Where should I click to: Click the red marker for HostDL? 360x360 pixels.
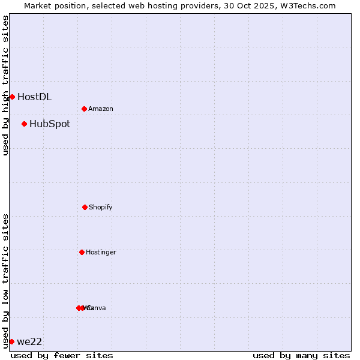point(12,97)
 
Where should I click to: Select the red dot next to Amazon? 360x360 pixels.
point(85,109)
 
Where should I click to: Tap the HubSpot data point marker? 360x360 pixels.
point(24,124)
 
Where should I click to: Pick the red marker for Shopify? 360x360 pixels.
point(85,207)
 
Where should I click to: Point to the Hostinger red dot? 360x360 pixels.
point(82,252)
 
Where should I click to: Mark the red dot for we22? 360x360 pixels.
point(11,341)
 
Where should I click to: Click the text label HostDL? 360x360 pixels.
point(34,97)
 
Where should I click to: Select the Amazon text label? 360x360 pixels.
point(101,109)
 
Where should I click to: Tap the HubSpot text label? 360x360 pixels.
point(50,124)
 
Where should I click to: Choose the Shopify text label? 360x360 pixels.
point(101,207)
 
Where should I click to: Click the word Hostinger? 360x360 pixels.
point(101,252)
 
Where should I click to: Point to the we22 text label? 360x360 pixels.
point(29,341)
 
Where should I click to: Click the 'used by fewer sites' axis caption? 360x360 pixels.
point(62,355)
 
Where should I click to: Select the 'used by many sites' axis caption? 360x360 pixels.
point(301,355)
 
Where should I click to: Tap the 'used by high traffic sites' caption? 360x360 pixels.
point(5,85)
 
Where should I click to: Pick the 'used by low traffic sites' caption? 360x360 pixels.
point(5,281)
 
